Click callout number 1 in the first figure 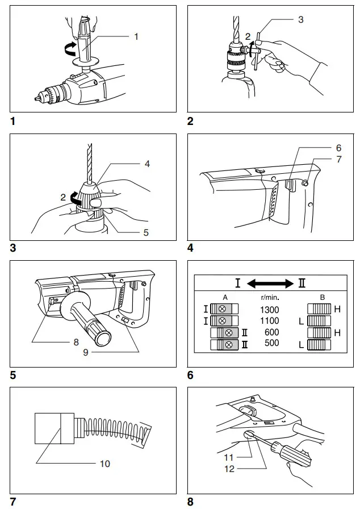pyautogui.click(x=136, y=36)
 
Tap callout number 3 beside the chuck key pyautogui.click(x=300, y=19)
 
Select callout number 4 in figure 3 pyautogui.click(x=147, y=164)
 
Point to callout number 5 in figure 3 pyautogui.click(x=146, y=233)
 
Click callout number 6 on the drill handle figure pyautogui.click(x=338, y=148)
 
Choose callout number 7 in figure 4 pyautogui.click(x=338, y=160)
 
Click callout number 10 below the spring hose pyautogui.click(x=104, y=464)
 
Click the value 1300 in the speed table pyautogui.click(x=270, y=310)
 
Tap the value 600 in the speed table pyautogui.click(x=270, y=332)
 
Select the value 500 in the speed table pyautogui.click(x=270, y=344)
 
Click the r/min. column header pyautogui.click(x=269, y=297)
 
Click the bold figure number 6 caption pyautogui.click(x=190, y=376)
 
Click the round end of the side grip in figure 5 pyautogui.click(x=104, y=338)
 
